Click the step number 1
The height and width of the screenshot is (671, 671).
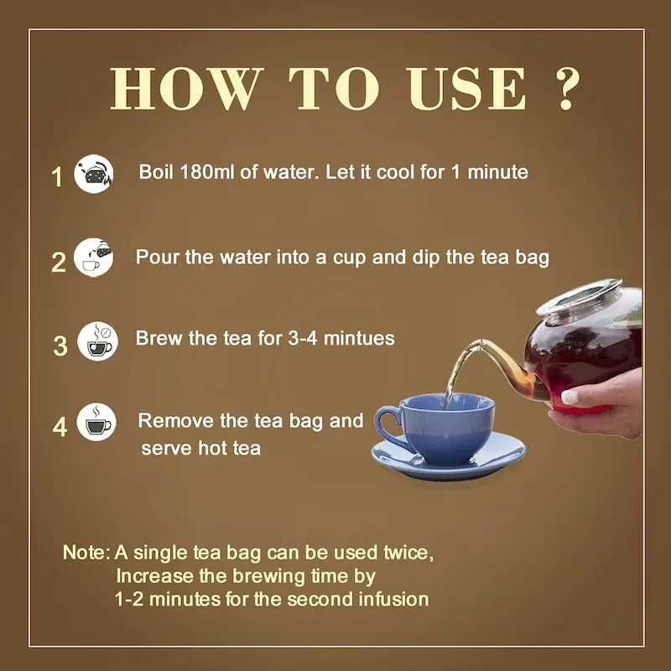[x=57, y=177]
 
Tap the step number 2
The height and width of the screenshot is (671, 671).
[x=58, y=262]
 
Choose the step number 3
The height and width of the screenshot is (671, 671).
[x=60, y=346]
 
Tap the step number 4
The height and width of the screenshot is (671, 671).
[x=60, y=427]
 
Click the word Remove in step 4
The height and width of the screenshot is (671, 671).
[x=170, y=420]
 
